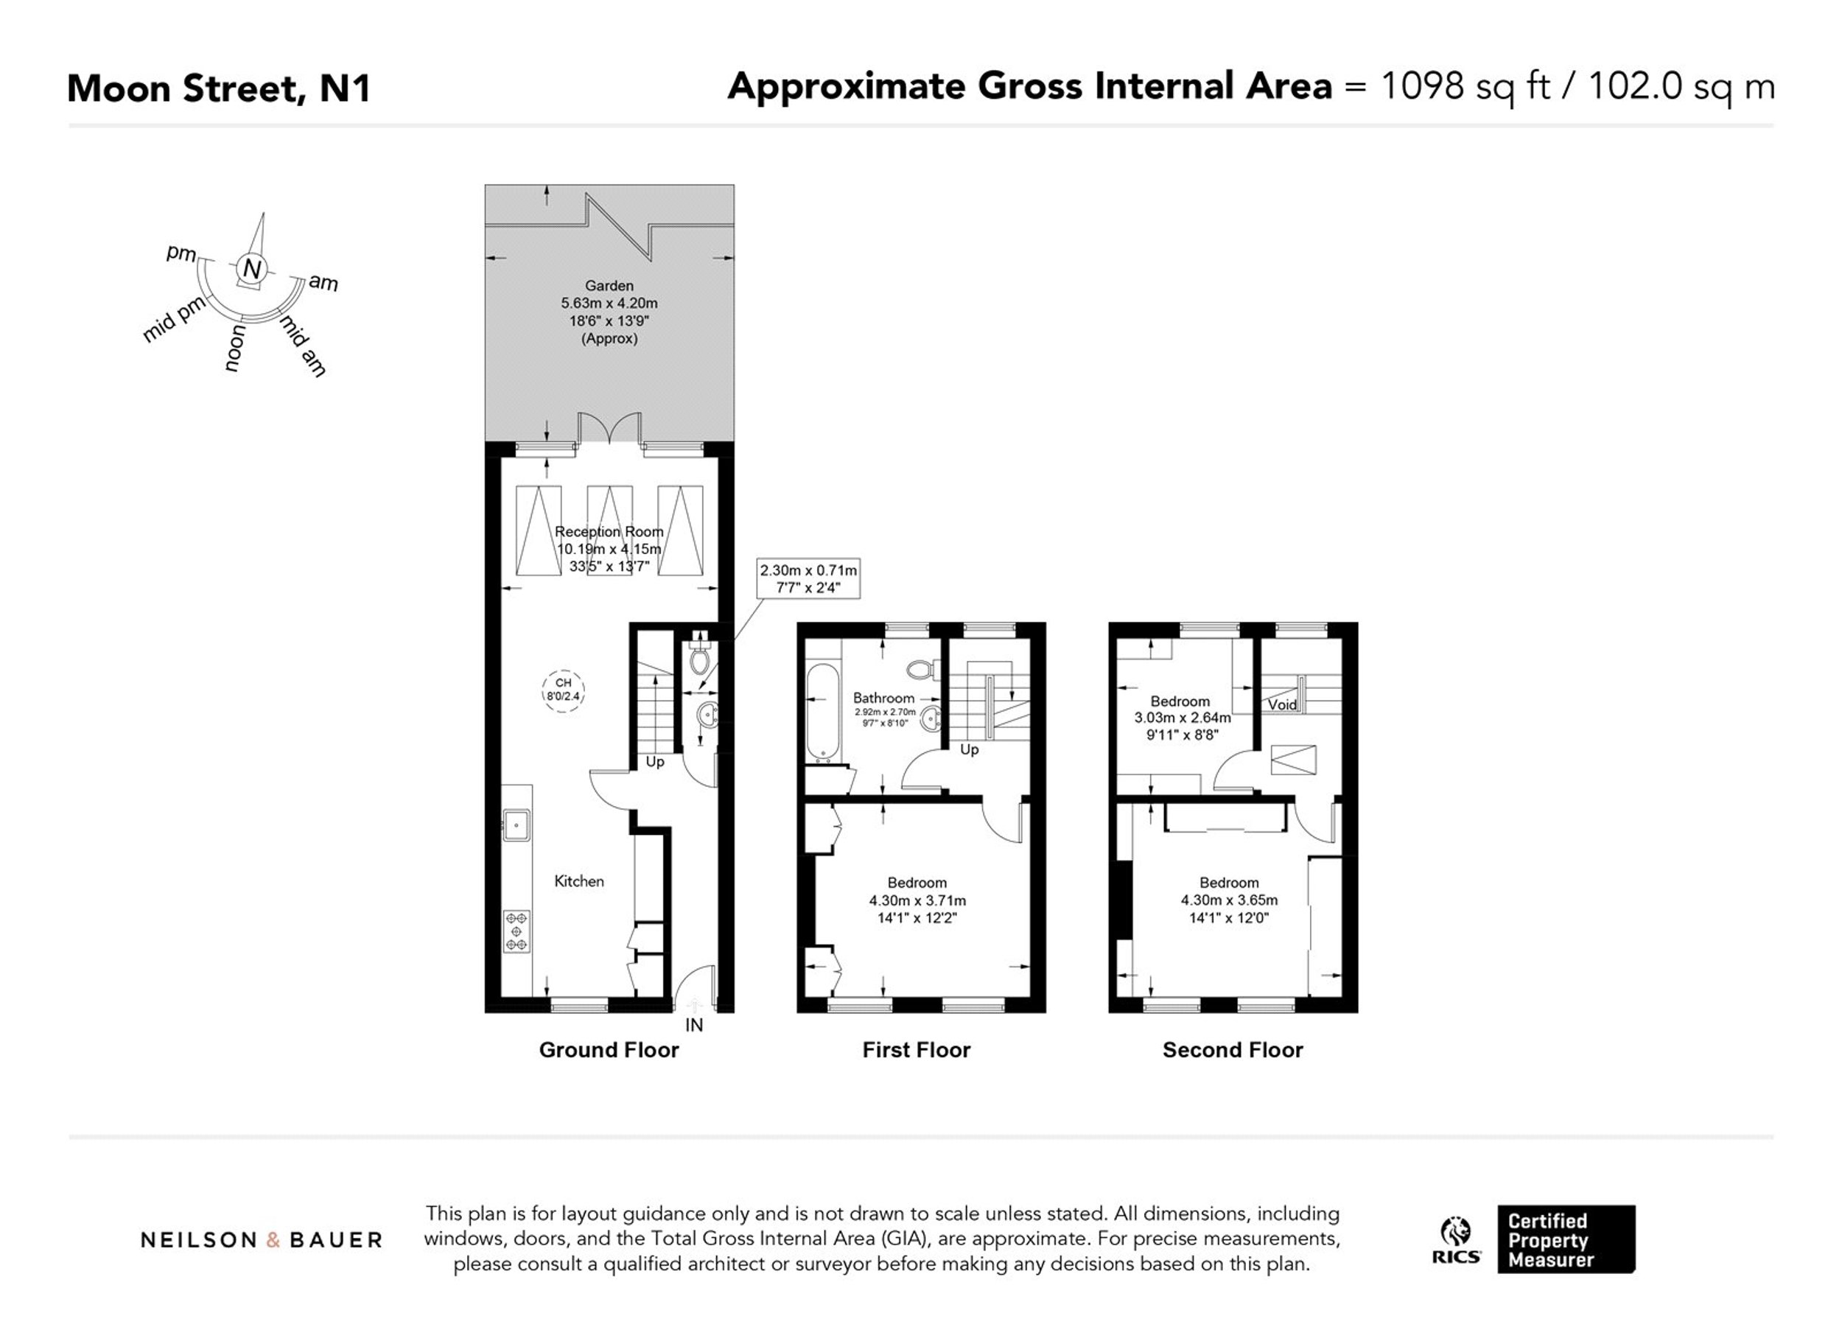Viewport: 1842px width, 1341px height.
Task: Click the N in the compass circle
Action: click(253, 269)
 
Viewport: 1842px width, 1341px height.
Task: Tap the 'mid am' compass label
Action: click(304, 346)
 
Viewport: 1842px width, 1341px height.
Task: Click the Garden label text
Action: click(609, 286)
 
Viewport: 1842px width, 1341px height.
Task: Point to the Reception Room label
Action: click(609, 531)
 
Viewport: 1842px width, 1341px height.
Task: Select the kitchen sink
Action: click(516, 825)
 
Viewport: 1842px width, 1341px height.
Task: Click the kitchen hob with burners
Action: click(516, 931)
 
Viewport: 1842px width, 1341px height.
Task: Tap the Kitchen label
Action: click(579, 881)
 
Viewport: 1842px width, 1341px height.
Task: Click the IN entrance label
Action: click(693, 1025)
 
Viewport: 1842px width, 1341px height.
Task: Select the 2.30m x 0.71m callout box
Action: click(808, 579)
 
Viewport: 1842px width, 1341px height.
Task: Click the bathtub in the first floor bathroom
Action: click(822, 713)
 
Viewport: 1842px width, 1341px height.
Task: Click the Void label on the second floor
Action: click(1283, 704)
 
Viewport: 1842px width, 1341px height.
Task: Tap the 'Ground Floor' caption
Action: click(609, 1050)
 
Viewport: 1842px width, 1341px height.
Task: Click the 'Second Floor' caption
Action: click(1233, 1050)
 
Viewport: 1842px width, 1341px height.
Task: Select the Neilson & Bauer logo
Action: click(262, 1240)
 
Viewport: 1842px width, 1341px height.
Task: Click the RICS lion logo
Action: click(1456, 1240)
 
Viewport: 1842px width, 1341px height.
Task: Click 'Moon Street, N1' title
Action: click(220, 88)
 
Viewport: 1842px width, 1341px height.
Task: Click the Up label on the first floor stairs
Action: click(970, 749)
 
